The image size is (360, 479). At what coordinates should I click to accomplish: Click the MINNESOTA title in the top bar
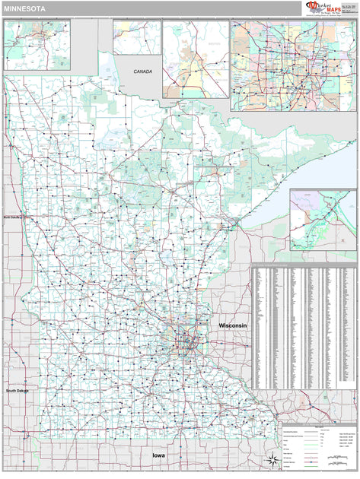point(24,8)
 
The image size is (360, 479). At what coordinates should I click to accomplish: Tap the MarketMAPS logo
point(320,8)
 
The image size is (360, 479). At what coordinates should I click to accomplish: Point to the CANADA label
point(142,71)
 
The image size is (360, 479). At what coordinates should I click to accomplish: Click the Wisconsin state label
point(233,325)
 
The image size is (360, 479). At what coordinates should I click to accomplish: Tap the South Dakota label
point(21,391)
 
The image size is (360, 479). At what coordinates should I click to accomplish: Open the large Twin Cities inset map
point(293,65)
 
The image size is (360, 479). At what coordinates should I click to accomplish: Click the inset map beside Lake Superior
point(322,220)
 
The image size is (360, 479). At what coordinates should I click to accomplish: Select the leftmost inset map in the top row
point(37,45)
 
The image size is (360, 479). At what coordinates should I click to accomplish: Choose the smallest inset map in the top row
point(137,37)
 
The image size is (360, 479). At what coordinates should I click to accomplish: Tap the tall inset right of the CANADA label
point(196,59)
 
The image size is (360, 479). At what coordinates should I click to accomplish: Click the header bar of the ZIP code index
point(304,267)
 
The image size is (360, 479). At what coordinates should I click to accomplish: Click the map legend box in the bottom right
point(318,445)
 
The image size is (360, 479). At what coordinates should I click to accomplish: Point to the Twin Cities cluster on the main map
point(186,342)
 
